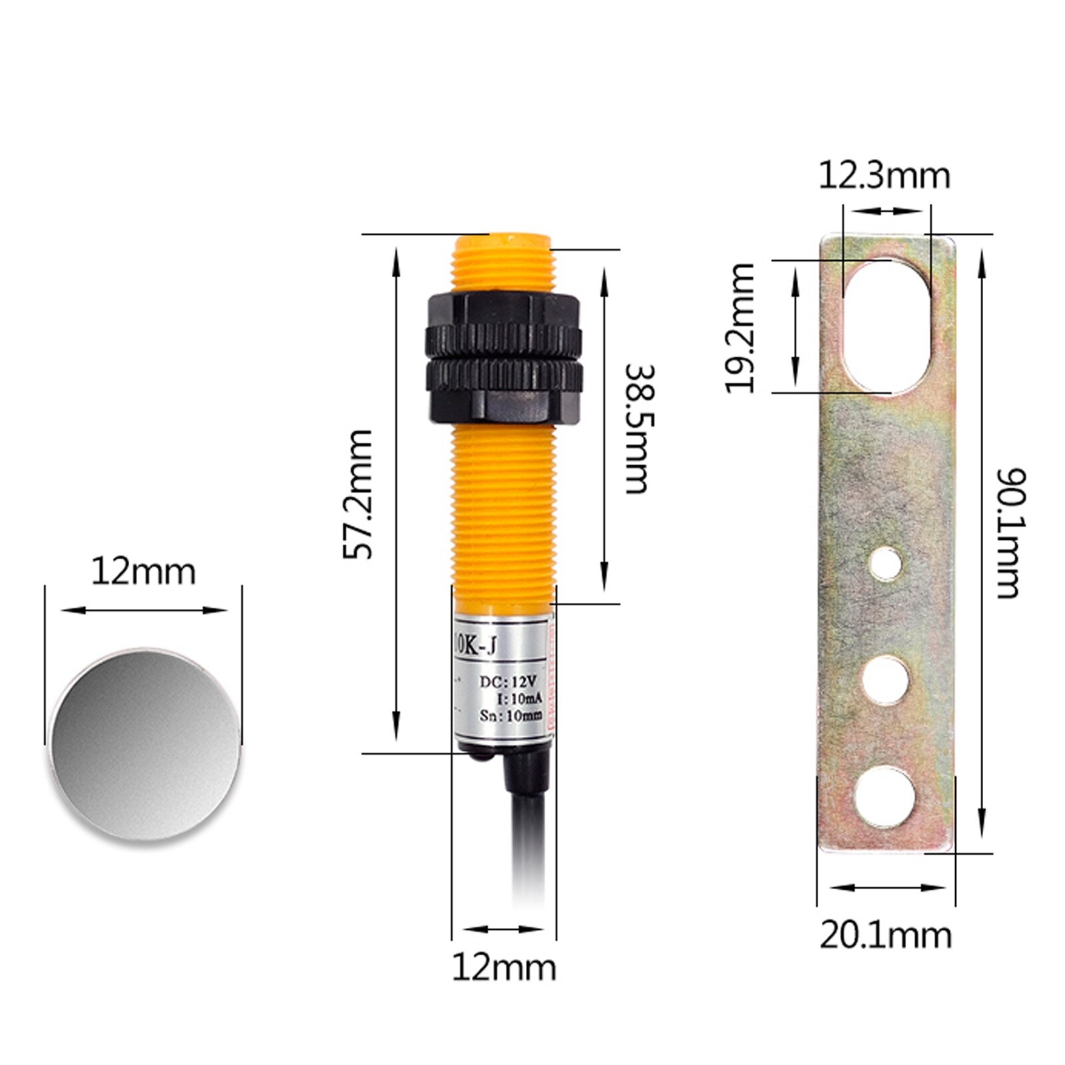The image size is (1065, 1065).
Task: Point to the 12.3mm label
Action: (x=884, y=176)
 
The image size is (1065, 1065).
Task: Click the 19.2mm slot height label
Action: (x=740, y=327)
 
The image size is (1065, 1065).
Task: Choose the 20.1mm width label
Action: (x=885, y=935)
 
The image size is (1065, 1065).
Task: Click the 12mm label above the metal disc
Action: (x=143, y=572)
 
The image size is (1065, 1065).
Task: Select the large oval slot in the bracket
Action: (x=886, y=325)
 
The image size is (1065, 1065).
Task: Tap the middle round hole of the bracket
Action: (x=886, y=679)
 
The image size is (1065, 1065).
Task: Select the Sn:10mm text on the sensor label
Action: (x=511, y=716)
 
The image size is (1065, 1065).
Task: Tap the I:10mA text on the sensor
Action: (x=520, y=698)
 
